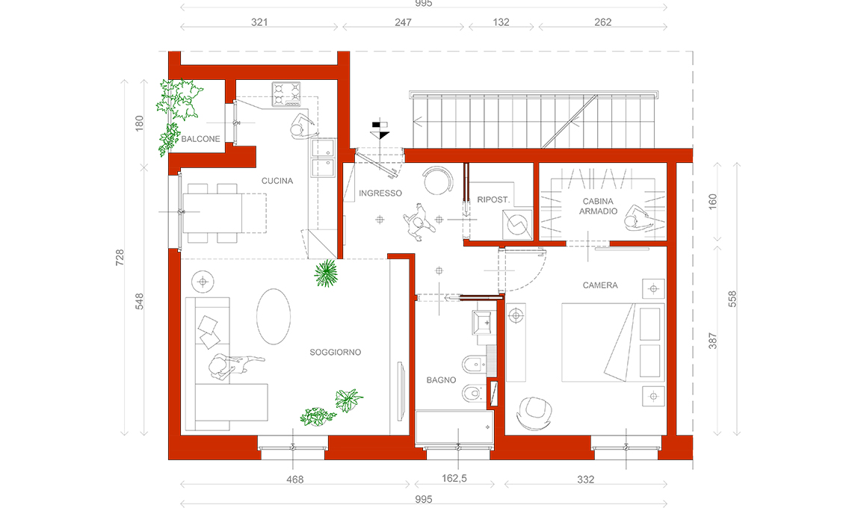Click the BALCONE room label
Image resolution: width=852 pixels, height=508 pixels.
coord(200,139)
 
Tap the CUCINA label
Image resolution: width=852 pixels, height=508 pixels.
coord(277,181)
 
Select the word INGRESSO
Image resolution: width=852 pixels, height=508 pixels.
coord(380,193)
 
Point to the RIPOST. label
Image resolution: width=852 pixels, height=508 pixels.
coord(493,200)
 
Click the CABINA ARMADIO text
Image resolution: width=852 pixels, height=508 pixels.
coord(598,206)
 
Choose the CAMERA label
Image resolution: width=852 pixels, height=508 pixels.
coord(600,285)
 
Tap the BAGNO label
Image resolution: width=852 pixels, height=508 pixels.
coord(441,380)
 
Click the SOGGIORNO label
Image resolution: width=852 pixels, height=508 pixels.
coord(336,353)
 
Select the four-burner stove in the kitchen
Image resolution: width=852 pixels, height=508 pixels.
coord(286,94)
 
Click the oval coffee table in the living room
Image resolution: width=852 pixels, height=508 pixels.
coord(274,316)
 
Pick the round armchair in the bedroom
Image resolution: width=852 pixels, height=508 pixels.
coord(534,413)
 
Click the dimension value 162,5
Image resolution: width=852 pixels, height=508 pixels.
coord(454,479)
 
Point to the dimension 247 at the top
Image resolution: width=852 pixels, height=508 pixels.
coord(403,22)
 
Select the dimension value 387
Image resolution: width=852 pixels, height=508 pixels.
coord(713,341)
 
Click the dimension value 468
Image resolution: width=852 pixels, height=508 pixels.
coord(295,480)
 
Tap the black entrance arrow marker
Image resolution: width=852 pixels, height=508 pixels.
coord(380,131)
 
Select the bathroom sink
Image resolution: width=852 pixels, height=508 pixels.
coord(484,323)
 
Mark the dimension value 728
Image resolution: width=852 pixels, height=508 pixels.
coord(120,258)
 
